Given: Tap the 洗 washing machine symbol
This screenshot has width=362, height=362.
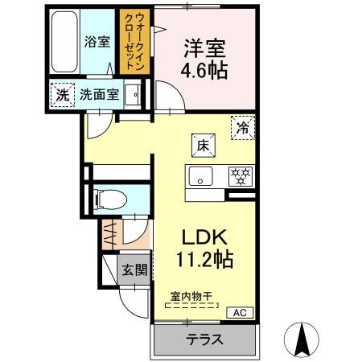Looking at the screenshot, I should tap(62, 93).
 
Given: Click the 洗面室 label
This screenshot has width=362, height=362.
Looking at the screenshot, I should tap(99, 93).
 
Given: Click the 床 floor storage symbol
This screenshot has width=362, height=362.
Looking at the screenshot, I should tap(201, 146).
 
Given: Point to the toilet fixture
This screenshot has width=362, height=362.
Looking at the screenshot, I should tap(108, 199).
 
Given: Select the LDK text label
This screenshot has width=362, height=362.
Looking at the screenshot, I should tap(205, 238).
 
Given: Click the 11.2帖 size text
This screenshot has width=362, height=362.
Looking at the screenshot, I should tap(205, 260).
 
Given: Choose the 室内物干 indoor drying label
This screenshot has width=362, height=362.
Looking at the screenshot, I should tap(191, 296).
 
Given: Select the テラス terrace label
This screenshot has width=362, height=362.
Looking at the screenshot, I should tap(204, 339).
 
